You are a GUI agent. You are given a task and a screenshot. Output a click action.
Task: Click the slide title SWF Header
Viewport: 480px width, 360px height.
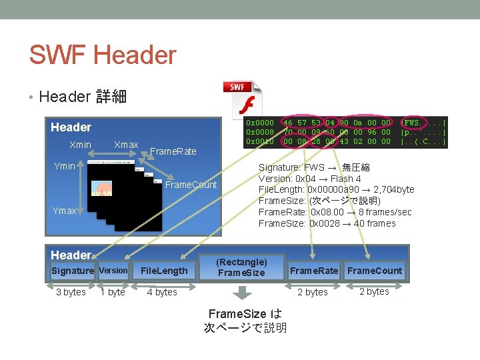point(103,55)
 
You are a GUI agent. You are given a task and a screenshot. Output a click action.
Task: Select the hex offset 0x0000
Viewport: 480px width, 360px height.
point(260,123)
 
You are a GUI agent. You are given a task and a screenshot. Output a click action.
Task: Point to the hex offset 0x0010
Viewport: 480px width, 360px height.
point(260,141)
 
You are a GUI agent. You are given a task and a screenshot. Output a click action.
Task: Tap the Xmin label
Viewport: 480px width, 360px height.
point(81,145)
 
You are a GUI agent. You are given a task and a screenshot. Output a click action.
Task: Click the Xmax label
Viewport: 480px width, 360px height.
point(126,145)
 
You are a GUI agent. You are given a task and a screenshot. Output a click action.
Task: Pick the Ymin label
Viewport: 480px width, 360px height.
point(65,166)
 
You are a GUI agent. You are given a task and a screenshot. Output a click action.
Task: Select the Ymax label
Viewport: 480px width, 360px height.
point(65,211)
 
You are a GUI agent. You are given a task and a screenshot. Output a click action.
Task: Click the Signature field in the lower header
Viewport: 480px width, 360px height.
point(73,270)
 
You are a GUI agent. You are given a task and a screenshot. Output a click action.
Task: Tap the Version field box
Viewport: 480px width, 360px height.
point(113,270)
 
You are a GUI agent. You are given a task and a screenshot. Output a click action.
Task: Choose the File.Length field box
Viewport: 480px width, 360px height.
point(164,270)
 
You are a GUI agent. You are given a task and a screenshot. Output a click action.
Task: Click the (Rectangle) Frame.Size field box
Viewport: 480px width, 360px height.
point(242,267)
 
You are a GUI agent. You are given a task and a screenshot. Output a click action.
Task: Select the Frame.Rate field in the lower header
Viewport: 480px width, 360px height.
point(314,270)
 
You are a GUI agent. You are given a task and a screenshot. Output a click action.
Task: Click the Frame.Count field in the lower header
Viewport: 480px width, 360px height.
point(375,270)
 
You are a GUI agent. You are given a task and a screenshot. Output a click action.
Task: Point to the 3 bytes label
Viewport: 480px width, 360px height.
point(71,292)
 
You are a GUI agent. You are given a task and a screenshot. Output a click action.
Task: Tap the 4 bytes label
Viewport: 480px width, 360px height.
point(162,292)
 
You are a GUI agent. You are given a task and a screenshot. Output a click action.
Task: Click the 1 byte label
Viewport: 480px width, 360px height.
point(113,292)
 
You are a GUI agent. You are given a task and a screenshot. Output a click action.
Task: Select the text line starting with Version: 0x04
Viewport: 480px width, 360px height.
point(310,179)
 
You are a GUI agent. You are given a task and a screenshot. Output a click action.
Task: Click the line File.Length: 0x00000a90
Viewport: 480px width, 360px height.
point(336,190)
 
